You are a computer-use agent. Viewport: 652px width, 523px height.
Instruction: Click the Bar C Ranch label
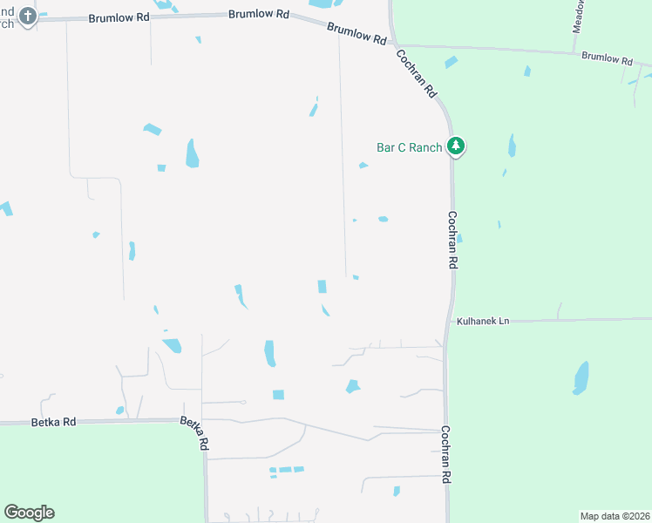[x=409, y=147]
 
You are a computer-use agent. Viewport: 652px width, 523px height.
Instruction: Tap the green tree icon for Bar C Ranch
[x=454, y=146]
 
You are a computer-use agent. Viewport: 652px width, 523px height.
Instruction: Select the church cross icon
[x=28, y=17]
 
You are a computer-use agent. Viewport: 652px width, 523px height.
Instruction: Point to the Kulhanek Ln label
[x=482, y=322]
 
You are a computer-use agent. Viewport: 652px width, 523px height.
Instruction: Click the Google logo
[x=29, y=513]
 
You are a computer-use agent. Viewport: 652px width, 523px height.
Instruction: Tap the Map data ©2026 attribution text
[x=615, y=515]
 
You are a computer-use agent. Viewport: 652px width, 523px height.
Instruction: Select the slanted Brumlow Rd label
[x=357, y=34]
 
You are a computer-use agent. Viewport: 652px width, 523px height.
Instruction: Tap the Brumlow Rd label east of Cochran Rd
[x=606, y=58]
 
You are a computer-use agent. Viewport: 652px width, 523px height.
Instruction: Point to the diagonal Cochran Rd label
[x=416, y=73]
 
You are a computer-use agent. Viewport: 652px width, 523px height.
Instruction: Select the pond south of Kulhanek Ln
[x=581, y=378]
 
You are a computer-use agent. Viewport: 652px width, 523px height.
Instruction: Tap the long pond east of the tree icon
[x=512, y=146]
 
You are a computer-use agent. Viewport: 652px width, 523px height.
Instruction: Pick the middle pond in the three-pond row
[x=285, y=471]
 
